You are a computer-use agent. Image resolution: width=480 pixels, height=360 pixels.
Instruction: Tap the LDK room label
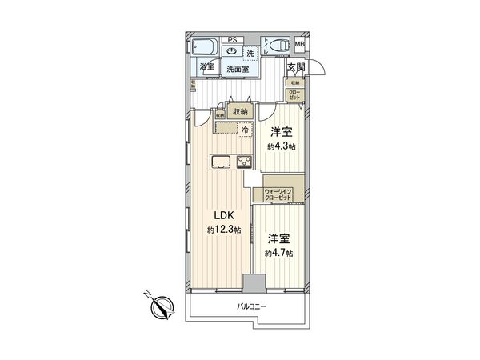(221, 215)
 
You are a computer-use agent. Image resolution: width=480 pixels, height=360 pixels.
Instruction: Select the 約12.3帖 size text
(221, 230)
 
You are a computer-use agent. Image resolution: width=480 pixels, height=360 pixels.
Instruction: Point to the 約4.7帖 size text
(279, 253)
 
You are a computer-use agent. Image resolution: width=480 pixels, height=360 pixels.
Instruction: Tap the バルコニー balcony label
(250, 308)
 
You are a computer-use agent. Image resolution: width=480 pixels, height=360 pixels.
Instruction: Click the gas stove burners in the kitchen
(243, 163)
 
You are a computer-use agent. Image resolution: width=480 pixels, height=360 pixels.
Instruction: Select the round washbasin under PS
(232, 50)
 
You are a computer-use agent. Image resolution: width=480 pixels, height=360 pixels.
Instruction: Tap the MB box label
(301, 44)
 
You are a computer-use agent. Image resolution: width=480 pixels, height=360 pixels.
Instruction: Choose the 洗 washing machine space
(250, 53)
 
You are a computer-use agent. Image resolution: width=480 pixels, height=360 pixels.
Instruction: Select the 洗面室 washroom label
(239, 69)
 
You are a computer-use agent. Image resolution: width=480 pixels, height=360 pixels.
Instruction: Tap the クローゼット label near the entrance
(296, 95)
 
